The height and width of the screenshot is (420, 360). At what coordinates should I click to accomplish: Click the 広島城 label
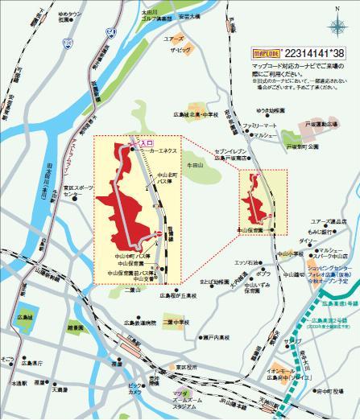[24, 317]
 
